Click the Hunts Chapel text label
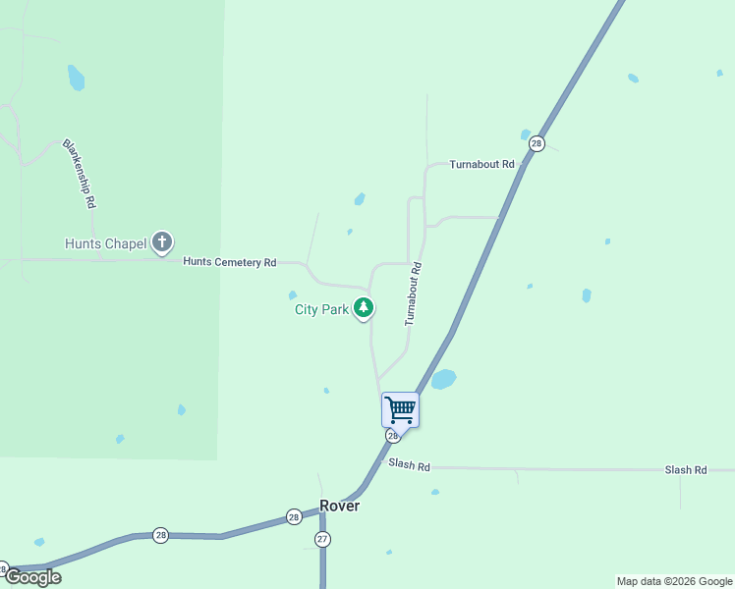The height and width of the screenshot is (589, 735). (x=105, y=243)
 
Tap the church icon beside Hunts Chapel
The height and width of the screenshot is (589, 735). (x=162, y=242)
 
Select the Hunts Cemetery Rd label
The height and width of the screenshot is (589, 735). (x=230, y=262)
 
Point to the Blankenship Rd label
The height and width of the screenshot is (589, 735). (x=80, y=173)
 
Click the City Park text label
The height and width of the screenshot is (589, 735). (x=322, y=309)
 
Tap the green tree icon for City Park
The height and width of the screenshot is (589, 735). (x=364, y=308)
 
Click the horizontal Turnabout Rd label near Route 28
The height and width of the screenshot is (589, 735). (x=482, y=164)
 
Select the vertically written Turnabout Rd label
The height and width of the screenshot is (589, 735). (x=414, y=294)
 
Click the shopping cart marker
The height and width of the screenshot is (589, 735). (x=400, y=409)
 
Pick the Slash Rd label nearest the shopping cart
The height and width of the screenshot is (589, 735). (x=410, y=464)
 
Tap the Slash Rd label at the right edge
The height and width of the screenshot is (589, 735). (x=686, y=470)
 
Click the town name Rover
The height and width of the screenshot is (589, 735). (x=340, y=506)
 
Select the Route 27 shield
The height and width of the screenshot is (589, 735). (x=322, y=539)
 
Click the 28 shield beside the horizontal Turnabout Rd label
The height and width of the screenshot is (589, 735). (x=536, y=143)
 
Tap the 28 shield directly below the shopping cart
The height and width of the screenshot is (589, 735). (x=393, y=435)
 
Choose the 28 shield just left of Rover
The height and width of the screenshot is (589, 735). (x=294, y=516)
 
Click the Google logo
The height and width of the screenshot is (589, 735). (x=32, y=577)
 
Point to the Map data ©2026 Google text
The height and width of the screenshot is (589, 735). (x=675, y=581)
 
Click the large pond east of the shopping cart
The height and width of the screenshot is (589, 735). (x=444, y=379)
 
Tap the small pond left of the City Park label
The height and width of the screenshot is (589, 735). (x=293, y=294)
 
